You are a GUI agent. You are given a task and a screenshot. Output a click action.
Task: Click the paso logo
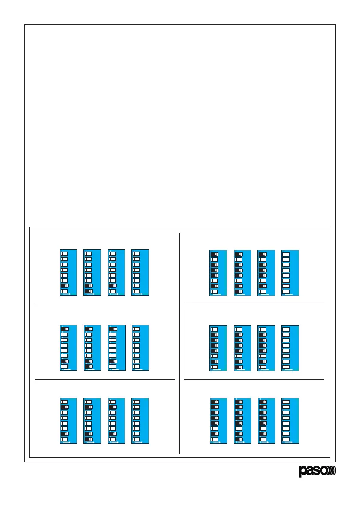(x=317, y=471)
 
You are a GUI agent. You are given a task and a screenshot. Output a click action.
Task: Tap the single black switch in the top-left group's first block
(x=64, y=286)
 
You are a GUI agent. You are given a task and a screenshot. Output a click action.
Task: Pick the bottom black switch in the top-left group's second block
(x=88, y=291)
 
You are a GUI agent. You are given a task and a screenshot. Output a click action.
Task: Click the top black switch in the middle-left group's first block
(x=64, y=329)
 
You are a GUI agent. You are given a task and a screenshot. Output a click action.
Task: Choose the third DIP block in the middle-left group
(x=116, y=348)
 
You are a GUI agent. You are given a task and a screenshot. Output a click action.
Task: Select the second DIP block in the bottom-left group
(x=92, y=421)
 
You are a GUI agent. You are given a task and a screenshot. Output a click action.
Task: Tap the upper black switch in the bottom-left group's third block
(x=112, y=407)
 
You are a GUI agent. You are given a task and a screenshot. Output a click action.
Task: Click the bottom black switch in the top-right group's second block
(x=239, y=291)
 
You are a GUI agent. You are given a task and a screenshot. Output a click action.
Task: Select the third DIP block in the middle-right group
(x=266, y=348)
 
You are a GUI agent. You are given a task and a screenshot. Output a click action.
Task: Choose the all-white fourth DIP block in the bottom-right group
(x=290, y=421)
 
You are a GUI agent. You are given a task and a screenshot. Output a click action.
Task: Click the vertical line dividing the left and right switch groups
(x=179, y=343)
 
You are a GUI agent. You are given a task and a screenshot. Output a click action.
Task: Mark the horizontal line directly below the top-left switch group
(x=105, y=302)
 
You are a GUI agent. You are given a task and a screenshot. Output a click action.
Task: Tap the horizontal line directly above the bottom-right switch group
(x=254, y=380)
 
